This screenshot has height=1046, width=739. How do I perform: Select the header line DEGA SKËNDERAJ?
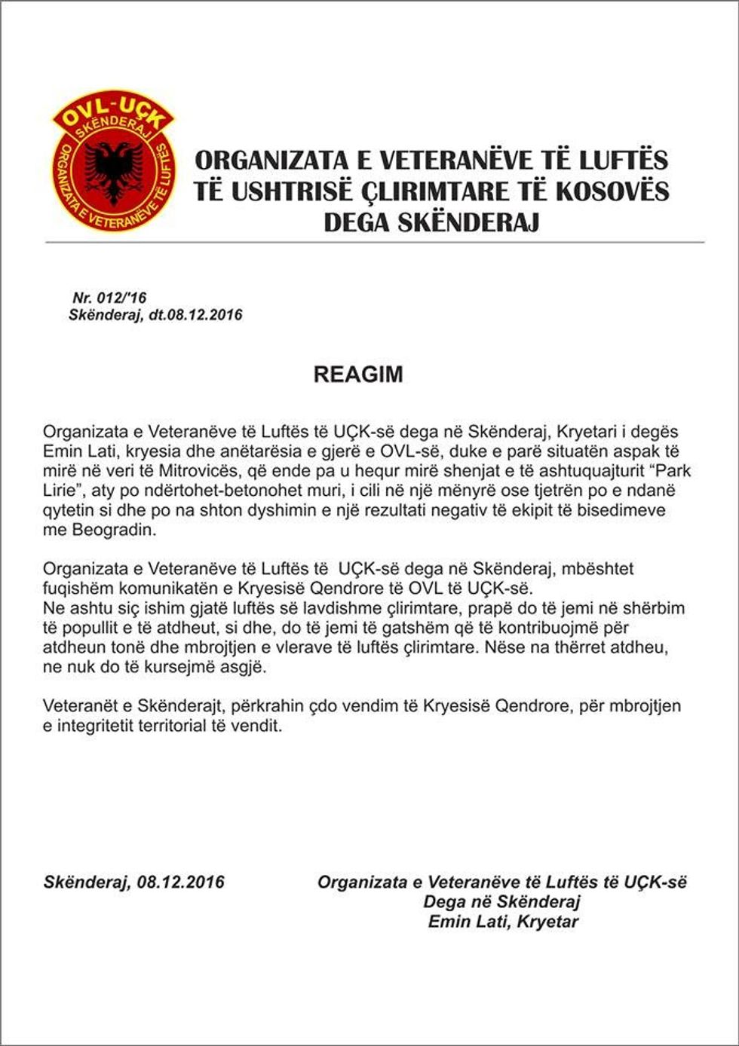click(x=431, y=222)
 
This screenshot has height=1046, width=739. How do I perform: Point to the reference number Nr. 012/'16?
click(x=109, y=298)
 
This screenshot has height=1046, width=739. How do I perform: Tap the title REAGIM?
click(x=358, y=375)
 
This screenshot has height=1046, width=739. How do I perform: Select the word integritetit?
click(x=103, y=726)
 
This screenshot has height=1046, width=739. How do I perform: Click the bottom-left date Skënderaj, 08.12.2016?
click(x=134, y=882)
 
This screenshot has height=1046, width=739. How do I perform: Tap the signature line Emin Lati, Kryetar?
click(x=502, y=921)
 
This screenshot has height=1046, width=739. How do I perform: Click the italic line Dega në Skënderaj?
click(x=501, y=901)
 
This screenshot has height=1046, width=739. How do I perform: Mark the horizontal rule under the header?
click(x=375, y=243)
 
